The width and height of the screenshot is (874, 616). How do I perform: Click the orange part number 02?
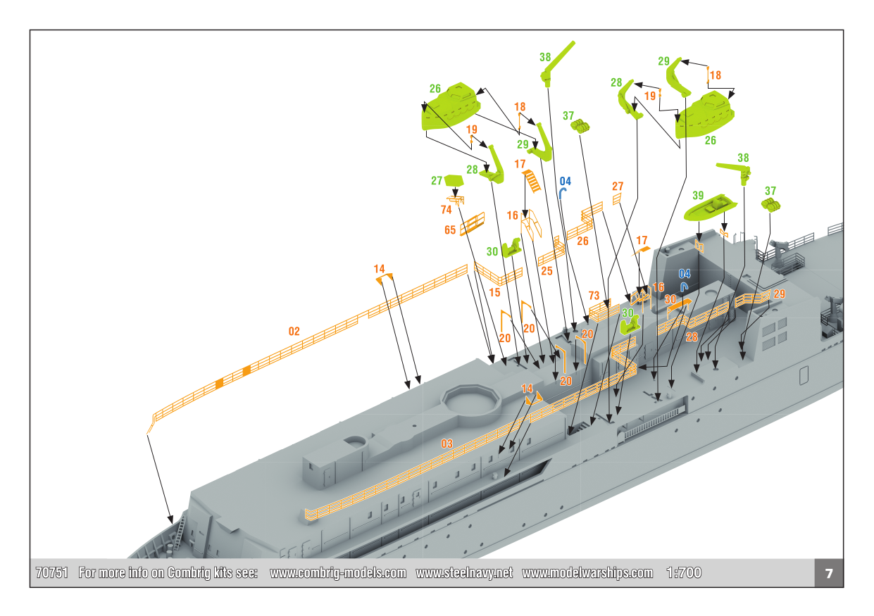tap(294, 331)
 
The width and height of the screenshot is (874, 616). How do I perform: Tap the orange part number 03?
tap(447, 444)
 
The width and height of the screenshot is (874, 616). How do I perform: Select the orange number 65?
tap(450, 230)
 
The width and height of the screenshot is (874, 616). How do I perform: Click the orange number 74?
tap(446, 210)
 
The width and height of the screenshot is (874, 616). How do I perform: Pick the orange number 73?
tap(594, 295)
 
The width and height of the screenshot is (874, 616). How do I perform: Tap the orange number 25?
tap(547, 270)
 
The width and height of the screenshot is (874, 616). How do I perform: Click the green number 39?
tap(698, 195)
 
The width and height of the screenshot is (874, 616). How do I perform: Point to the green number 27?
tap(437, 181)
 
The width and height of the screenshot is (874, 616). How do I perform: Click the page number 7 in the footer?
tap(829, 573)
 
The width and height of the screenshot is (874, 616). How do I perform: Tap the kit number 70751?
tap(51, 573)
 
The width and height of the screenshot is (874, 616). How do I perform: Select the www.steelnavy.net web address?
tap(464, 573)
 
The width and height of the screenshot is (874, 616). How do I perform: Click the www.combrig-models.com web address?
tap(338, 573)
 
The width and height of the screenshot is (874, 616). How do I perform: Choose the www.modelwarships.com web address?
tap(587, 573)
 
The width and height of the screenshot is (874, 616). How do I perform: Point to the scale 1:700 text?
tap(684, 573)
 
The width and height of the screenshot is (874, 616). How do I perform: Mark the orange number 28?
tap(691, 337)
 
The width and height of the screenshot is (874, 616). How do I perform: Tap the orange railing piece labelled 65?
tap(473, 224)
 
